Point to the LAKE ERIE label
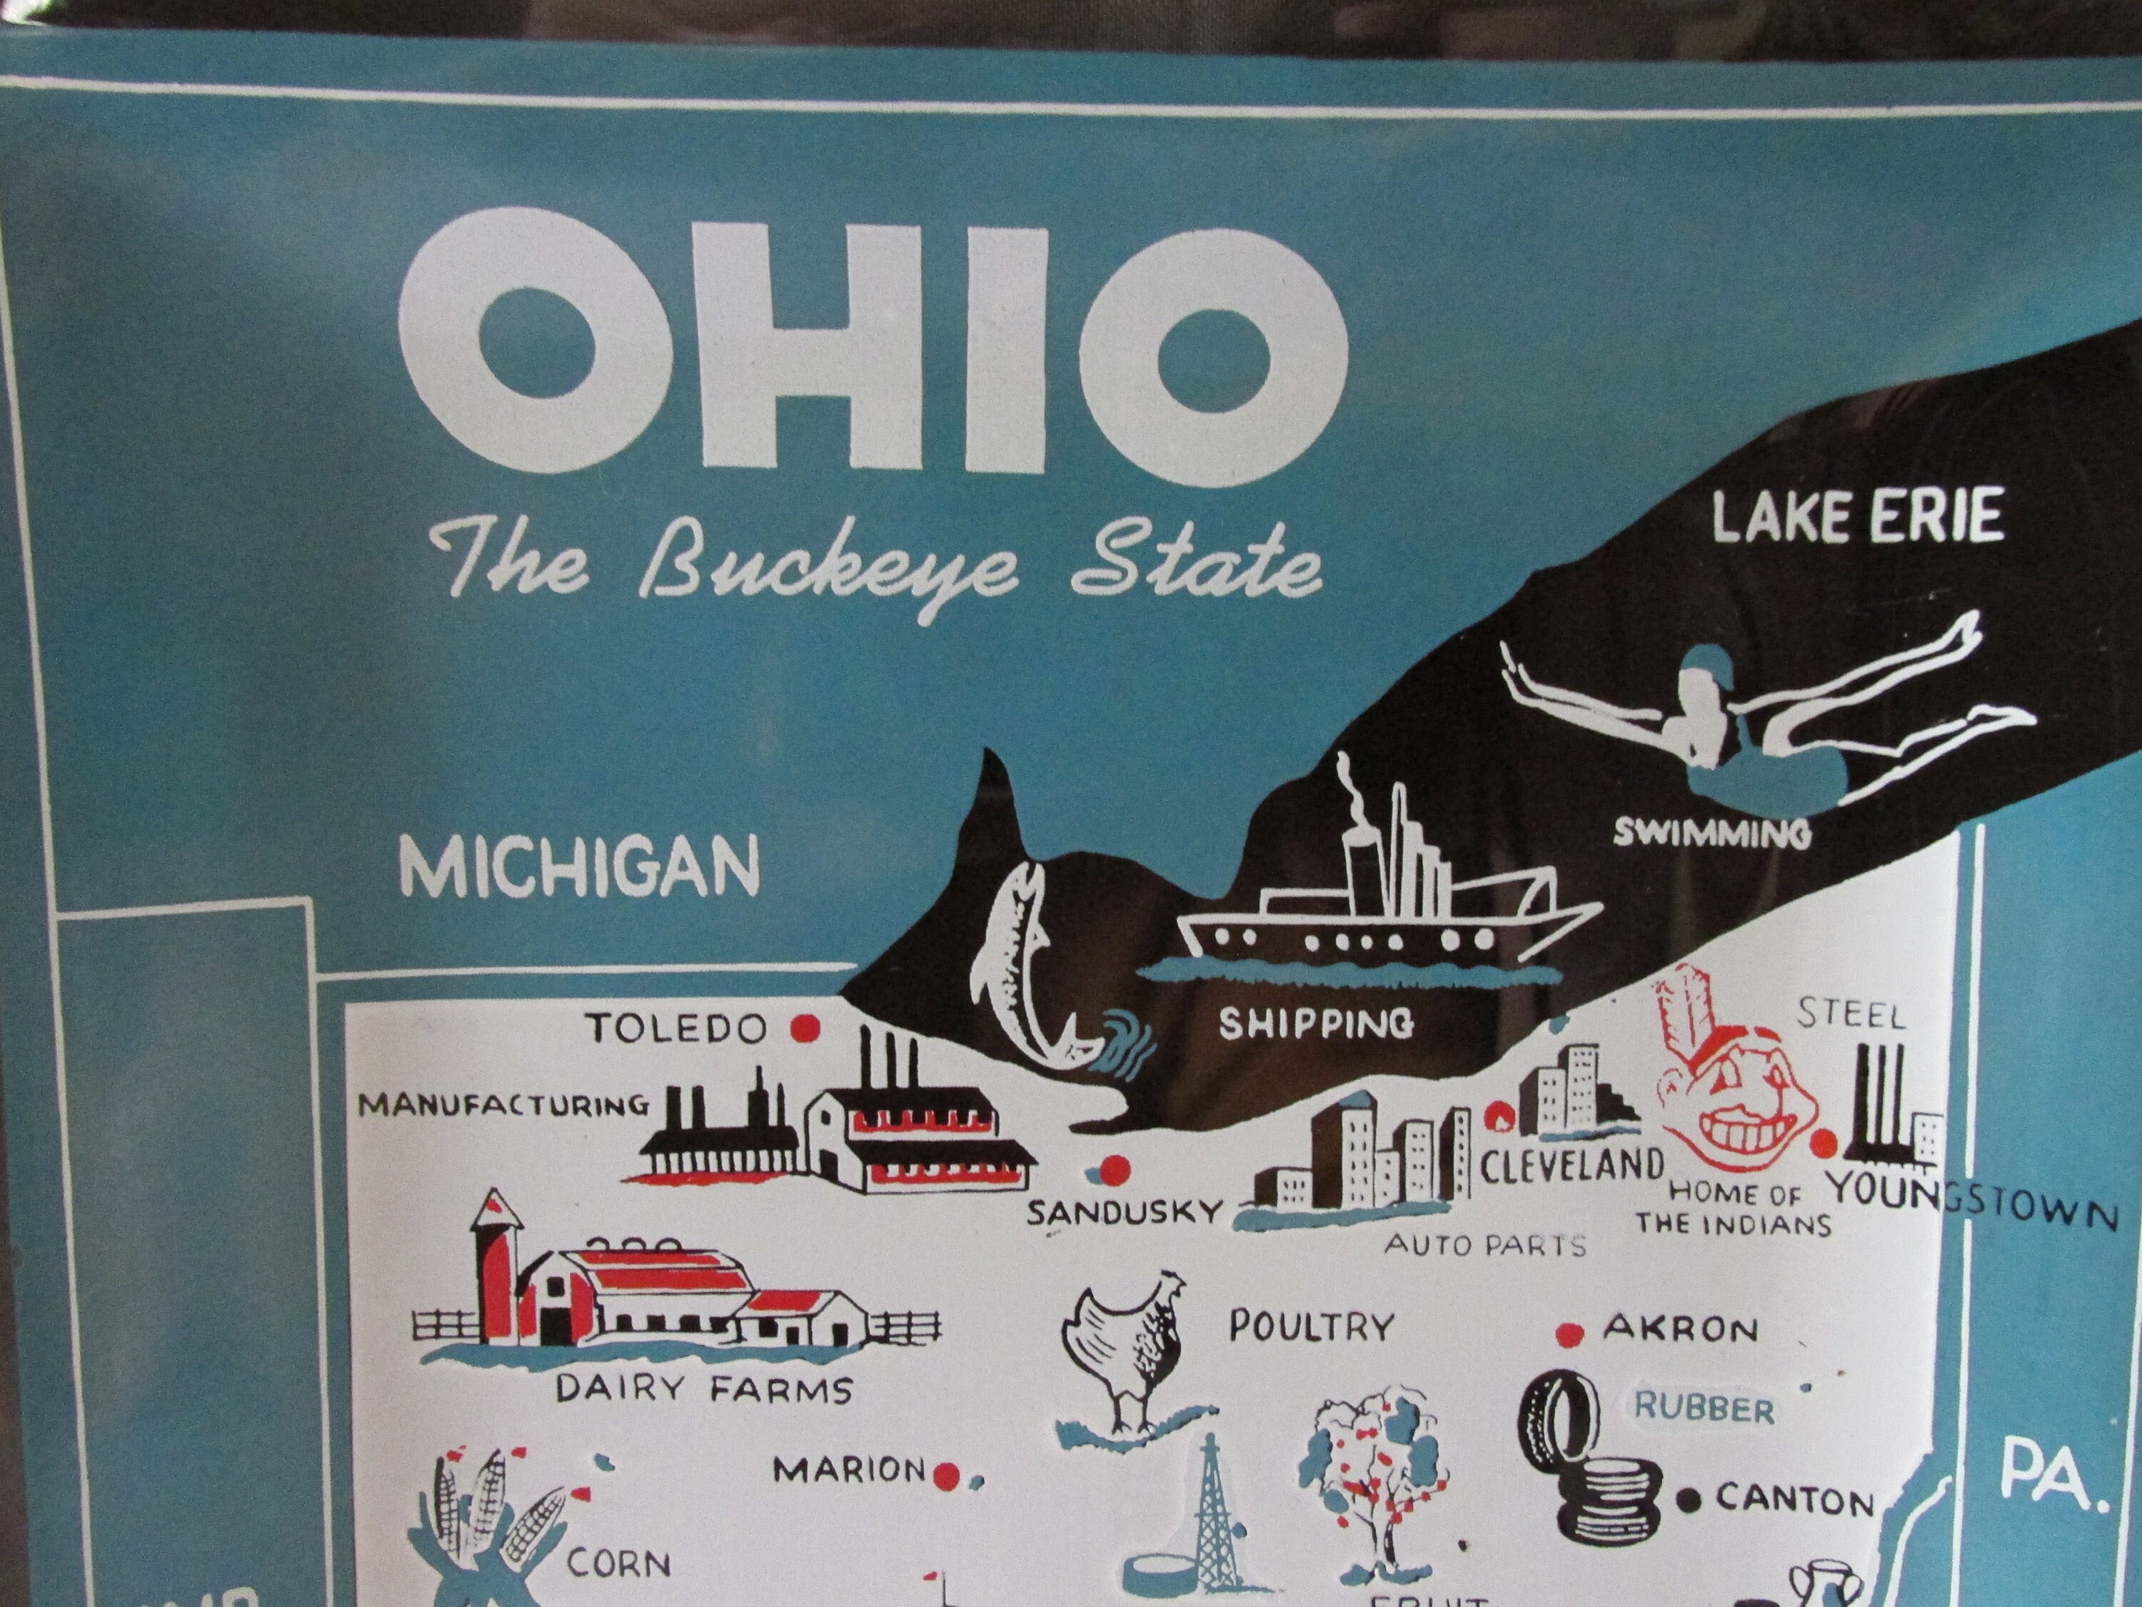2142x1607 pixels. tap(1856, 516)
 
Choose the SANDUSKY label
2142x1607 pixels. tap(1125, 1212)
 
